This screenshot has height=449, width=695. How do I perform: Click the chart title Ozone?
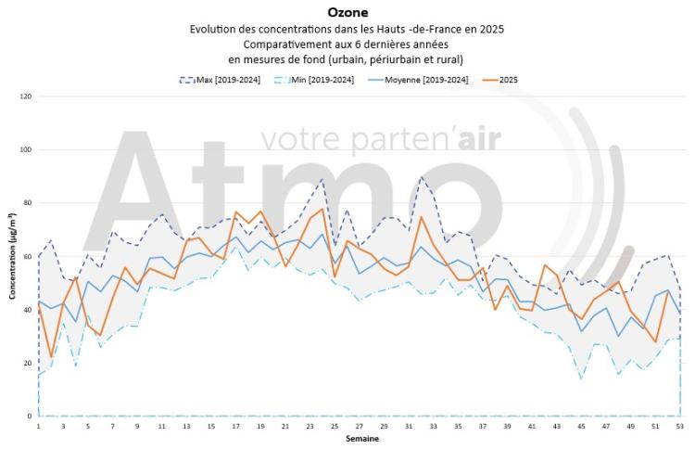pyautogui.click(x=347, y=12)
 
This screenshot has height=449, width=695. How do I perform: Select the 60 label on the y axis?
pyautogui.click(x=27, y=256)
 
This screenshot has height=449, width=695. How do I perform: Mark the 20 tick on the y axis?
pyautogui.click(x=27, y=363)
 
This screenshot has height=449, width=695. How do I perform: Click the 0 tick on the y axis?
pyautogui.click(x=29, y=417)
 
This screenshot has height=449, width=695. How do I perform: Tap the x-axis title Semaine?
pyautogui.click(x=360, y=438)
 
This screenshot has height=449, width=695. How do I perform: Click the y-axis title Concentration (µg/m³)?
pyautogui.click(x=12, y=256)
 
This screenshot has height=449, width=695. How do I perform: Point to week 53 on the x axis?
pyautogui.click(x=681, y=426)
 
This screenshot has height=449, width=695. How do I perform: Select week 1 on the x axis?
pyautogui.click(x=39, y=426)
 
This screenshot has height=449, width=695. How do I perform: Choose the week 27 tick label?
pyautogui.click(x=360, y=426)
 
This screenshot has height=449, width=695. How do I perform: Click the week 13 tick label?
pyautogui.click(x=187, y=426)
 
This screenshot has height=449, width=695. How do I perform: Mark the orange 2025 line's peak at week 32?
pyautogui.click(x=422, y=217)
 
